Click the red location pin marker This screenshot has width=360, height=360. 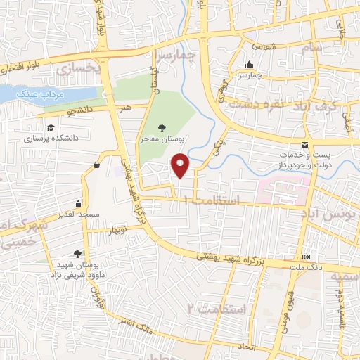(x=181, y=166)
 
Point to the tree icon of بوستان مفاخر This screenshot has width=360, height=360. (x=162, y=127)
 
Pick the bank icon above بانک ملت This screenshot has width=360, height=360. (x=306, y=257)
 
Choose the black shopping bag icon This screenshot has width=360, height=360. (x=96, y=165)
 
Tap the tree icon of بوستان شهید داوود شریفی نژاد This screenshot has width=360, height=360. (x=77, y=254)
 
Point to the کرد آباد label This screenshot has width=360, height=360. (x=323, y=105)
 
